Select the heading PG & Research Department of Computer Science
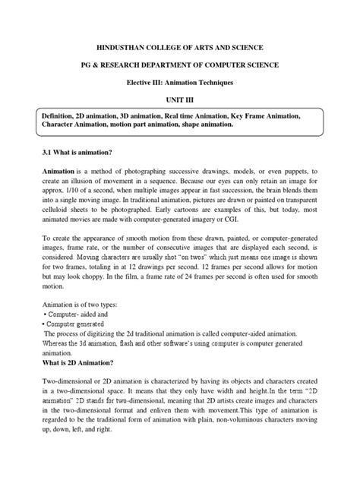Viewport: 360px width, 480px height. pyautogui.click(x=179, y=66)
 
